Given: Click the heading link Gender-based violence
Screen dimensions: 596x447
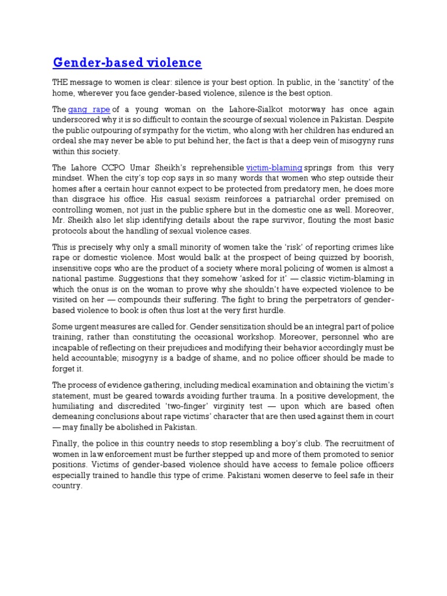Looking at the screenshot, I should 127,62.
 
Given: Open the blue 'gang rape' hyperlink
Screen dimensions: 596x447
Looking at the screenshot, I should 89,109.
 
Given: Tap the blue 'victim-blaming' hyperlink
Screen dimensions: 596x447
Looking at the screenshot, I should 274,167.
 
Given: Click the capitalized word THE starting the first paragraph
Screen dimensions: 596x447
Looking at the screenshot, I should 61,82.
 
